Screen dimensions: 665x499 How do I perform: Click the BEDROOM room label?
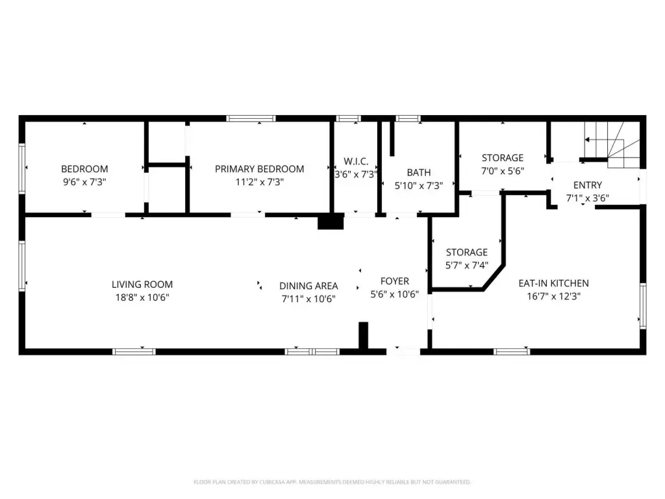[x=84, y=169]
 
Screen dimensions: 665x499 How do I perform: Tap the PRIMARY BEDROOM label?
[x=260, y=169]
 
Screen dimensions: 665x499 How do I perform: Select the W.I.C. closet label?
[x=356, y=161]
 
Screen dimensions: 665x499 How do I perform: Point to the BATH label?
[x=419, y=173]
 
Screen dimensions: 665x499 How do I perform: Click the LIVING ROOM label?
[x=142, y=285]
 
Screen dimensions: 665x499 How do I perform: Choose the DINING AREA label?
[x=308, y=286]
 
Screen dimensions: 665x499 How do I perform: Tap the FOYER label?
[x=394, y=281]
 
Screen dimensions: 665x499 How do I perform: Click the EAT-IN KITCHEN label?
[x=553, y=283]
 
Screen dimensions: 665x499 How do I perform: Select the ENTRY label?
[x=587, y=185]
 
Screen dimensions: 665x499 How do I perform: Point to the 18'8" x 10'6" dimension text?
[x=142, y=298]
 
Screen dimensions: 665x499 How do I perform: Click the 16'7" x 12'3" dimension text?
[x=553, y=296]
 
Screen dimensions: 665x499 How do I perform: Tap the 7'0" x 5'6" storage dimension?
[x=503, y=171]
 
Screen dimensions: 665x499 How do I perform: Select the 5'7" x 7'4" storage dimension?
[x=466, y=265]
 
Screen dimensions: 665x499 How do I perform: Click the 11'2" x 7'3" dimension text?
[x=260, y=182]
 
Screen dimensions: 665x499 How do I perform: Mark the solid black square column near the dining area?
[x=331, y=222]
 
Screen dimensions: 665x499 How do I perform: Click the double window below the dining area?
[x=312, y=352]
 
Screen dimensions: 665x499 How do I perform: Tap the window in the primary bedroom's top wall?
[x=251, y=118]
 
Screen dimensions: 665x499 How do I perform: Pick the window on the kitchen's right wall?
[x=643, y=305]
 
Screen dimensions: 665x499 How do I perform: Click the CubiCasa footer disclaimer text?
[x=332, y=482]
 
